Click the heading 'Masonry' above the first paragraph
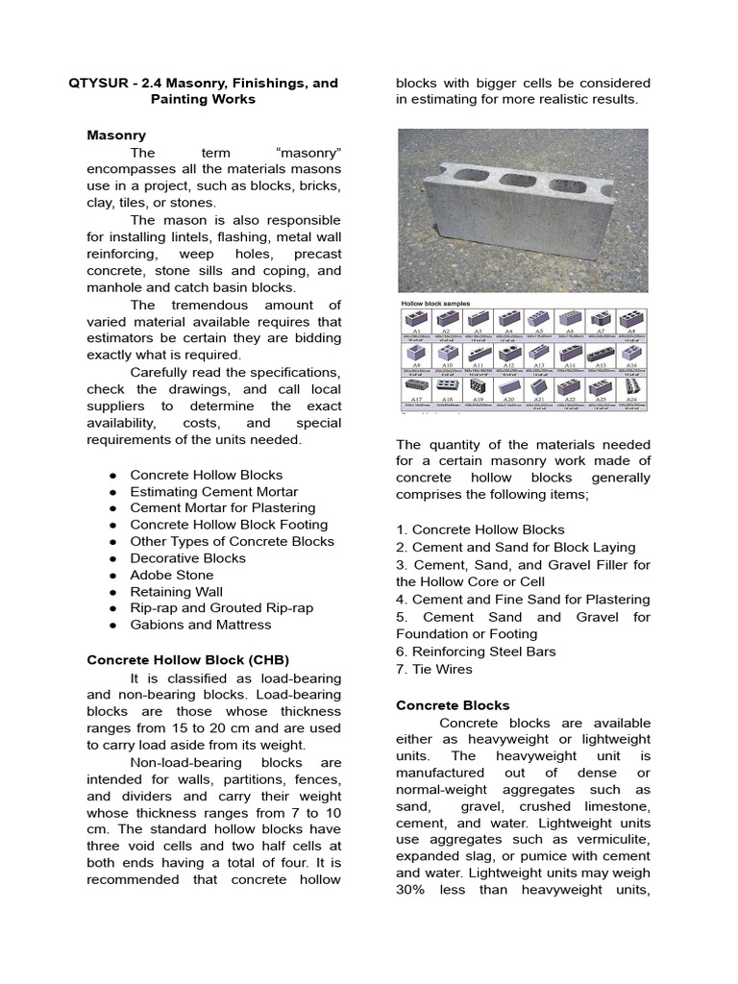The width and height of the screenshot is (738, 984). (115, 135)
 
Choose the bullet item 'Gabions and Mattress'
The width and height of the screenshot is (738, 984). (201, 625)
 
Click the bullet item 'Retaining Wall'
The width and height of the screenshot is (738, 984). (176, 591)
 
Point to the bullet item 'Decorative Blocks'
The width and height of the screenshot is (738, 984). (188, 558)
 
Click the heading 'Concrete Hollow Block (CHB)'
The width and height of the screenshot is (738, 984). (188, 660)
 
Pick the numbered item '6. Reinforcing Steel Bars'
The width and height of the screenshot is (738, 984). (476, 652)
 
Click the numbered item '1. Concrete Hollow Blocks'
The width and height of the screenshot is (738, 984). (480, 529)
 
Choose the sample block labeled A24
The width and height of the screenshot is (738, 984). (631, 388)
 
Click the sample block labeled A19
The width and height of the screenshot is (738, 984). (478, 388)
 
